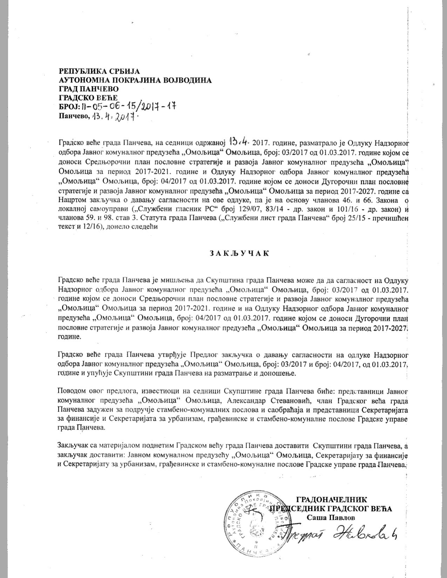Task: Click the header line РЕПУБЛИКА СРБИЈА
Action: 100,72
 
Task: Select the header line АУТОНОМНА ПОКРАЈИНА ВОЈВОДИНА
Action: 135,80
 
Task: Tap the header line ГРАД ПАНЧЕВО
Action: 89,89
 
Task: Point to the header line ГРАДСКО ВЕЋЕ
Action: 88,97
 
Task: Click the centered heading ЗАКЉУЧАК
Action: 240,253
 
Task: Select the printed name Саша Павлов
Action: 331,517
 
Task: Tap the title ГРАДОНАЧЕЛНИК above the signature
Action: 331,500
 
